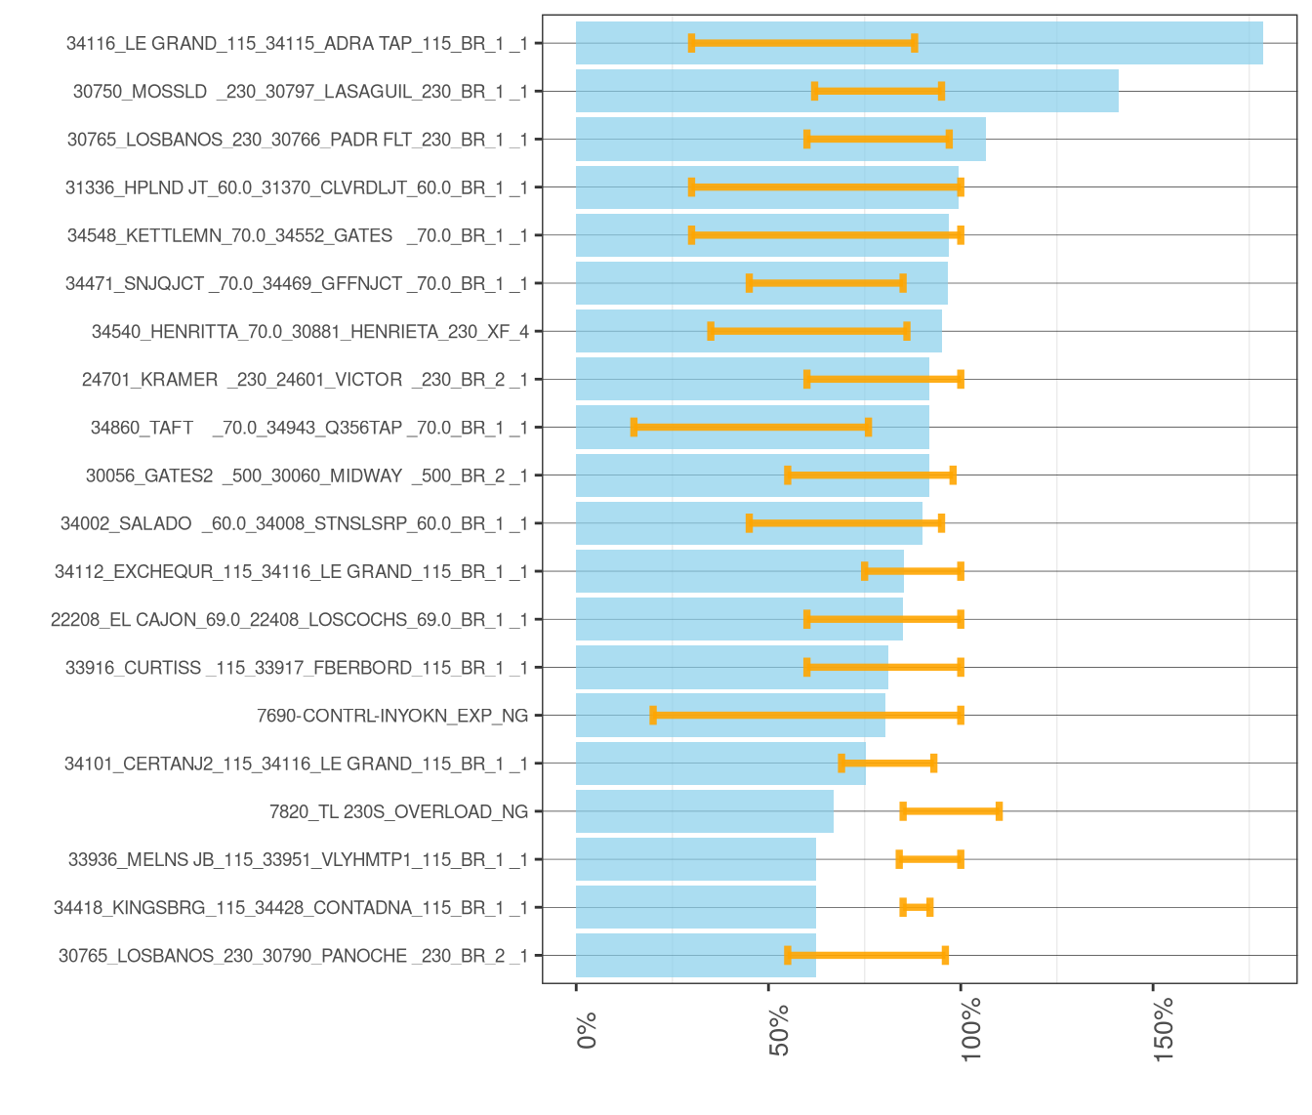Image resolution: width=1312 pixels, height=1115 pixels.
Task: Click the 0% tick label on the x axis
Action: [587, 1031]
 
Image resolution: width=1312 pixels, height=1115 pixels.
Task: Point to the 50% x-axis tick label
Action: [779, 1031]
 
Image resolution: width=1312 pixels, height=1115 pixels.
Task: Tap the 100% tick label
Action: [971, 1031]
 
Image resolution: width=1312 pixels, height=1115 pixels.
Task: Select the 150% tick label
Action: [1164, 1031]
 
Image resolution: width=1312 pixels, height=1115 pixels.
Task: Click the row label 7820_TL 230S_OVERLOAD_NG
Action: [398, 812]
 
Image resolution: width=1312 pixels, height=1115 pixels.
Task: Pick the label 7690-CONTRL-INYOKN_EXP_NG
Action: [392, 717]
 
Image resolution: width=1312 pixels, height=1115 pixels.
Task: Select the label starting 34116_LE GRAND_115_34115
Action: [297, 43]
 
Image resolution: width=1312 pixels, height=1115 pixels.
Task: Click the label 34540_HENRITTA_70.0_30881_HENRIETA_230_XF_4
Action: [309, 331]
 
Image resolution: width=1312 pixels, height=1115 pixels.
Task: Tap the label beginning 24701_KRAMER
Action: [305, 380]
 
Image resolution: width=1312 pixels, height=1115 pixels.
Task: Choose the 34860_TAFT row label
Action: [309, 428]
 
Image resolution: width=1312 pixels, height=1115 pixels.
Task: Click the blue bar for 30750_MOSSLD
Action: [847, 91]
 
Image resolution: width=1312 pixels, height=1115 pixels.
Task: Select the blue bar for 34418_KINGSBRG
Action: [696, 907]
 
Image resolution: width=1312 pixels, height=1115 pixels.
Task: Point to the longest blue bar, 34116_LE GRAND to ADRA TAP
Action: [920, 43]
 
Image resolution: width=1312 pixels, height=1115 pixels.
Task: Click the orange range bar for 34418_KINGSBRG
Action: [917, 907]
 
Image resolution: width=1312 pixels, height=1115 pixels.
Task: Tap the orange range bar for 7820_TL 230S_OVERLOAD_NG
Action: [951, 811]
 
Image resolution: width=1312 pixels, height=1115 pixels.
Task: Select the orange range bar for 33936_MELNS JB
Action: [930, 860]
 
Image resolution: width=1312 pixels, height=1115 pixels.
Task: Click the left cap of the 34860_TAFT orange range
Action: [635, 428]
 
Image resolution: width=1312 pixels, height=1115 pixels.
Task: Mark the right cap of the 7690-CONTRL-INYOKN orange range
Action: [961, 716]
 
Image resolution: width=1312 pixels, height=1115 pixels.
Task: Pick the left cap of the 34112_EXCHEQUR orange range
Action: [865, 571]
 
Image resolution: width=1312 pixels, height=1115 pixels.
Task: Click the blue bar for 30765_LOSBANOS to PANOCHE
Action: [696, 956]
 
